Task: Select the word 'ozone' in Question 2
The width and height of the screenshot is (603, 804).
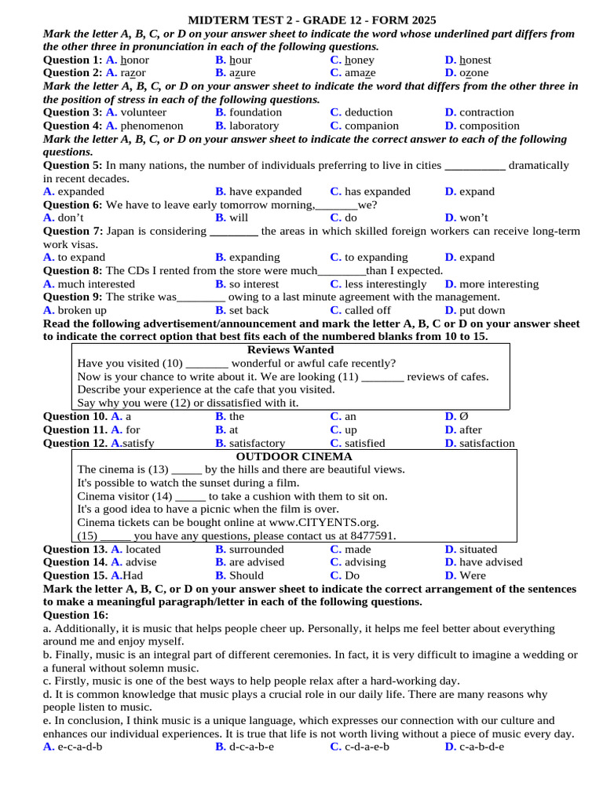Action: coord(473,73)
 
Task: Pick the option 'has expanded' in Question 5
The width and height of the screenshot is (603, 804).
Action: coord(378,192)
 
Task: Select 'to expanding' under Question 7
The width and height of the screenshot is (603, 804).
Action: coord(376,257)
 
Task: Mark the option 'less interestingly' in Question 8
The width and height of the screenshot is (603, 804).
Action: coord(386,283)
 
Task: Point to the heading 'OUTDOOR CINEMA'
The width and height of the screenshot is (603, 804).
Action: coord(294,456)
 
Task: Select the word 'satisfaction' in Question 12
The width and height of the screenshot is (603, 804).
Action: coord(487,444)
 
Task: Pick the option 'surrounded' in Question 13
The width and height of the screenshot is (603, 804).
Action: coord(257,550)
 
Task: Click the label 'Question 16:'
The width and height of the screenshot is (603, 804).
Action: coord(75,615)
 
